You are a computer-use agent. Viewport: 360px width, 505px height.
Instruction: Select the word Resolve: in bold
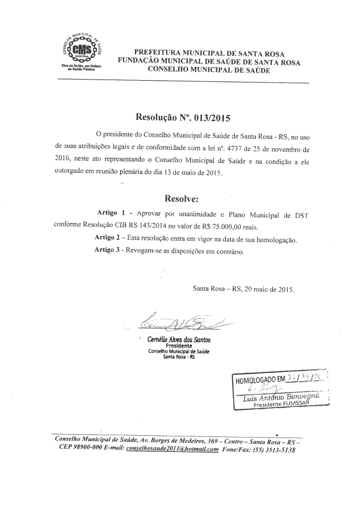181,199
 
